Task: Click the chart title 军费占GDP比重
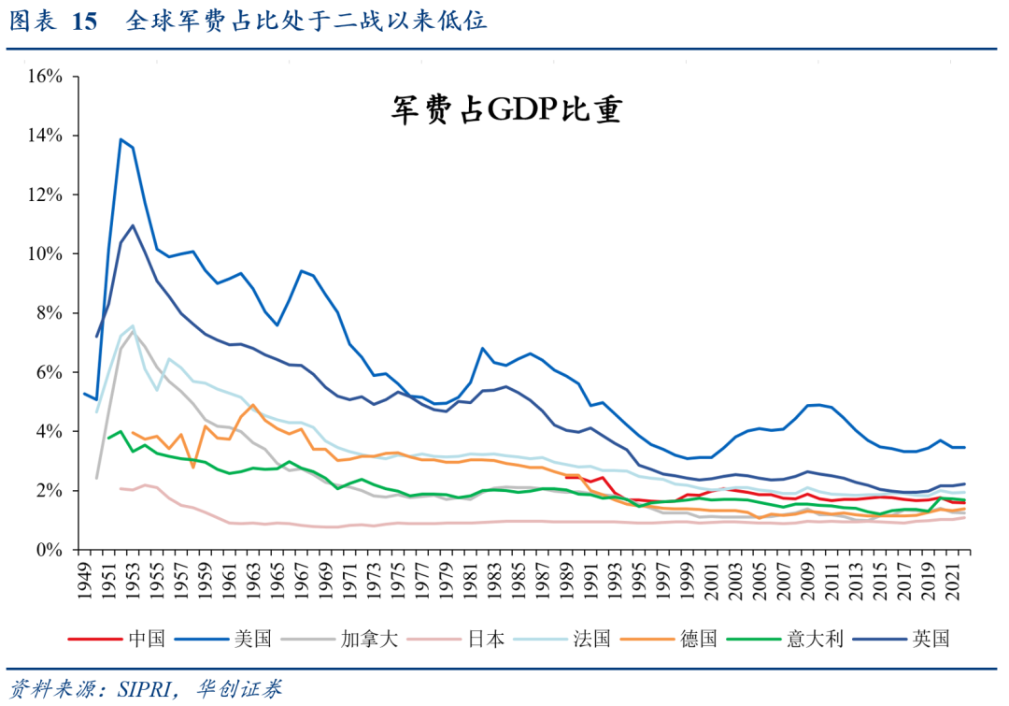coord(506,110)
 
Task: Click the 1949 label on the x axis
coord(85,579)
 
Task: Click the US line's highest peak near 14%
coord(121,139)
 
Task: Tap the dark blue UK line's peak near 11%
coord(133,225)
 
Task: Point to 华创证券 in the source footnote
coord(238,689)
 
